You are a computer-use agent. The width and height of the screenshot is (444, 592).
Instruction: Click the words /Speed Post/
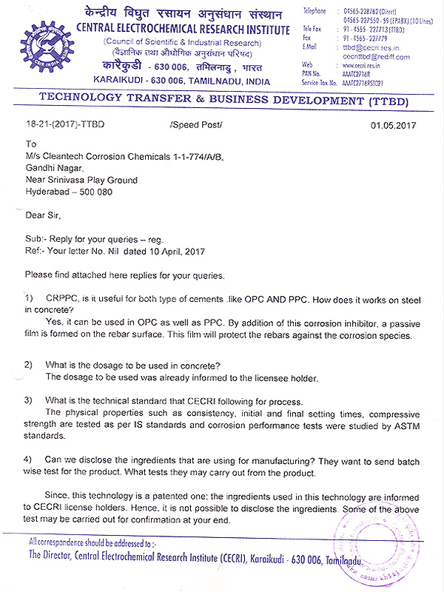click(x=195, y=124)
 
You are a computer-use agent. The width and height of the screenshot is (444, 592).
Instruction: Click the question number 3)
click(x=29, y=400)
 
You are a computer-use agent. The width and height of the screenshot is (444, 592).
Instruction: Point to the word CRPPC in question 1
click(x=61, y=297)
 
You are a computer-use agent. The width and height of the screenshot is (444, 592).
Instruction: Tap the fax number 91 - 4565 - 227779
click(x=370, y=38)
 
